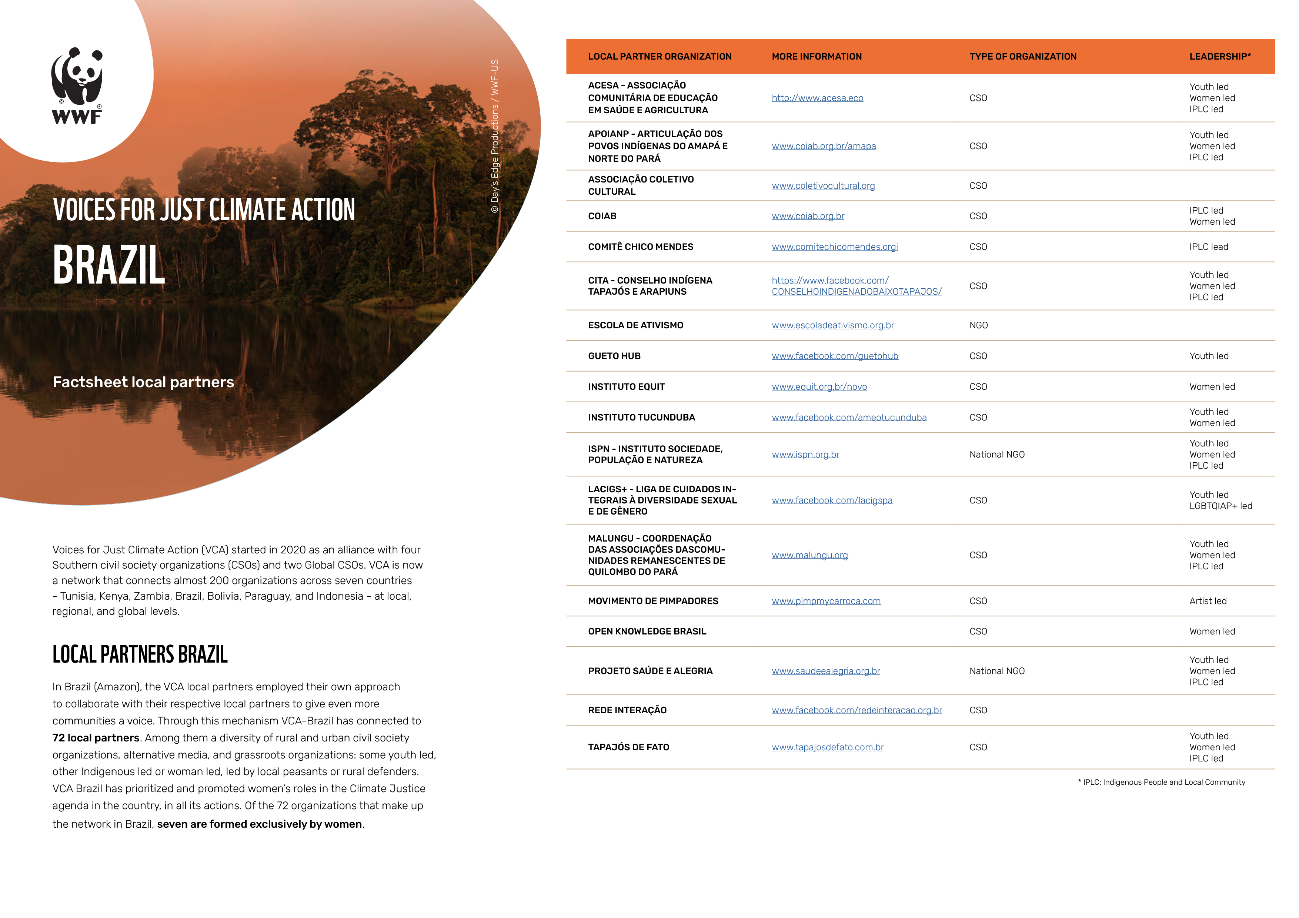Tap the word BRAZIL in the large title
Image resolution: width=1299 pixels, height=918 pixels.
(108, 265)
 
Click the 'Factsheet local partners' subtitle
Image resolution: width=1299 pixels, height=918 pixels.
(143, 382)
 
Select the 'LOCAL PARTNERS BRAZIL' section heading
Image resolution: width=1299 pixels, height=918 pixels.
(140, 654)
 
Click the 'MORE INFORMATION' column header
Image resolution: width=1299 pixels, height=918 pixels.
(817, 57)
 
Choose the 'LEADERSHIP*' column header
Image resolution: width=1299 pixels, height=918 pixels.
(1220, 57)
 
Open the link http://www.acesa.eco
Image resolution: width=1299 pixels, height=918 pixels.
(817, 98)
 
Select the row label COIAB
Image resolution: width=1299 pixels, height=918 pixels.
(602, 216)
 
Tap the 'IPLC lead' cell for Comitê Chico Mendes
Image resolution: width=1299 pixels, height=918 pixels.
(1209, 247)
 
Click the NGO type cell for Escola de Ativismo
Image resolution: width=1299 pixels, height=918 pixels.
(978, 325)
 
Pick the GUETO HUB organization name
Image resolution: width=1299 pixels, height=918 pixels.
(614, 356)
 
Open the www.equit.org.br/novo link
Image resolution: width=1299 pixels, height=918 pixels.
(819, 387)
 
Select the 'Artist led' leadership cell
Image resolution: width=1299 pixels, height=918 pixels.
(1207, 601)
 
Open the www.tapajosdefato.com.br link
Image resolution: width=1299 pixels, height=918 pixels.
(827, 747)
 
